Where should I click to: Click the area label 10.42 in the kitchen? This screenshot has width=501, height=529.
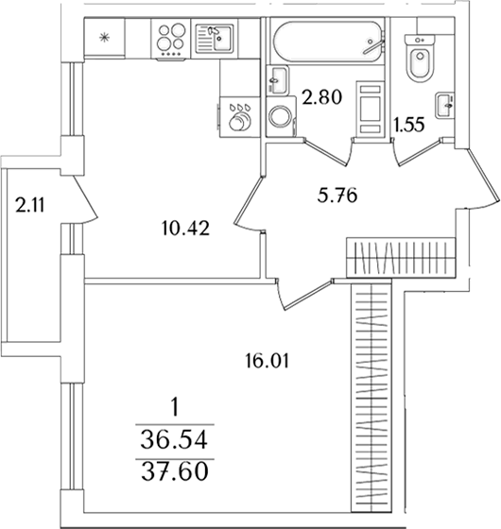point(185,229)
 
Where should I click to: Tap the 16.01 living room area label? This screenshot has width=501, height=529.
point(267,361)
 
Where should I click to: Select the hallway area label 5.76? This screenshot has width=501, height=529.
point(337,196)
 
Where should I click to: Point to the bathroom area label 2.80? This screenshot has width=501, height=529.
point(322,97)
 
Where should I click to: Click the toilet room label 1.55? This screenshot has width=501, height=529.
point(408,125)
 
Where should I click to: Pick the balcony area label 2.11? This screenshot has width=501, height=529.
point(30,205)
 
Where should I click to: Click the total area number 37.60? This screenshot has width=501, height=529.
point(174,471)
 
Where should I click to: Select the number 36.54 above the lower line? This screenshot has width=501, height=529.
point(174,440)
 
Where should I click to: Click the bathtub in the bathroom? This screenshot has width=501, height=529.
point(329,42)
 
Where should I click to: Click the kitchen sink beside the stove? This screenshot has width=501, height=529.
point(215,38)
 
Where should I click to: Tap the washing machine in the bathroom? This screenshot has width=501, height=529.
point(282,117)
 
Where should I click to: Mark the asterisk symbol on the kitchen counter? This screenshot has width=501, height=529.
point(104,37)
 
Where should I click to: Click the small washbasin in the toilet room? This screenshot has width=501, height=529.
point(444,105)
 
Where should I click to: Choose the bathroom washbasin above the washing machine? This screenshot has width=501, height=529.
point(278,80)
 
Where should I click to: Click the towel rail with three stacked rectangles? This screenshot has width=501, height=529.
point(371,108)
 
